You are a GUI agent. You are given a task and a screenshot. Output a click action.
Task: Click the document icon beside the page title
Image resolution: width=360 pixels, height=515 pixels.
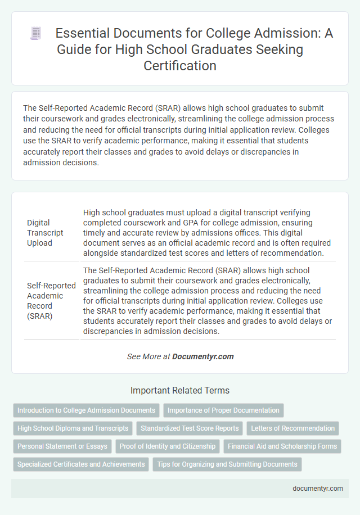36,34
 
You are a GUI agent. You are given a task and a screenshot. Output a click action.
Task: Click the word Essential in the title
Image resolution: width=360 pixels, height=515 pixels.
80,34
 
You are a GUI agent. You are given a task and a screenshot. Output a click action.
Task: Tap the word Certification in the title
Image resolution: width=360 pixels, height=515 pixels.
179,65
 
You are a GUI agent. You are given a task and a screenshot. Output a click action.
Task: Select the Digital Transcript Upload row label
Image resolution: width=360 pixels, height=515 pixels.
46,233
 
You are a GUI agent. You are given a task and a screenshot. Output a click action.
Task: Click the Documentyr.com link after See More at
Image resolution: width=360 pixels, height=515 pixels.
202,356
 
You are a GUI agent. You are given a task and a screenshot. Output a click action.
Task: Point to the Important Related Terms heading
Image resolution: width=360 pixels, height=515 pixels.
179,390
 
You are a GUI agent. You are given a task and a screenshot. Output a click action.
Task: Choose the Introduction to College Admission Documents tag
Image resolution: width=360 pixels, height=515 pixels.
86,410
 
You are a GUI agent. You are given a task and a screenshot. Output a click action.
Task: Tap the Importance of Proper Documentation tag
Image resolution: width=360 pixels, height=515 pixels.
223,410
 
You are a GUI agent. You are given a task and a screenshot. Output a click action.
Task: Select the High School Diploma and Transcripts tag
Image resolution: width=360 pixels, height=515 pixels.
73,428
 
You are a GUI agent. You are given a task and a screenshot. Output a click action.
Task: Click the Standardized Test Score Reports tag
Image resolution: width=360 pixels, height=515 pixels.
190,428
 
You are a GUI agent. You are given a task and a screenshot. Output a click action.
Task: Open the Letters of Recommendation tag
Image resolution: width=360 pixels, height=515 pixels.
293,428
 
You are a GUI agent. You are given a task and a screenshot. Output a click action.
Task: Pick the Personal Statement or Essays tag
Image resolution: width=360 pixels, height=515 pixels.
62,446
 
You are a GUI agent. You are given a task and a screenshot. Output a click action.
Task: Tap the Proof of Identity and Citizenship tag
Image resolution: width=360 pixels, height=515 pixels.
167,446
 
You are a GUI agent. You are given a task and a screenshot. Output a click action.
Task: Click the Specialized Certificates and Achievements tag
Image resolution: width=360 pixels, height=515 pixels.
80,464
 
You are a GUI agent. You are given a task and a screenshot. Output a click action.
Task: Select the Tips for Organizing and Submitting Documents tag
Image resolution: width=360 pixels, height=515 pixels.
227,464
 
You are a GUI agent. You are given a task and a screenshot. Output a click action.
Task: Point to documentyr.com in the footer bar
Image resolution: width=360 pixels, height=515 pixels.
318,488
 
